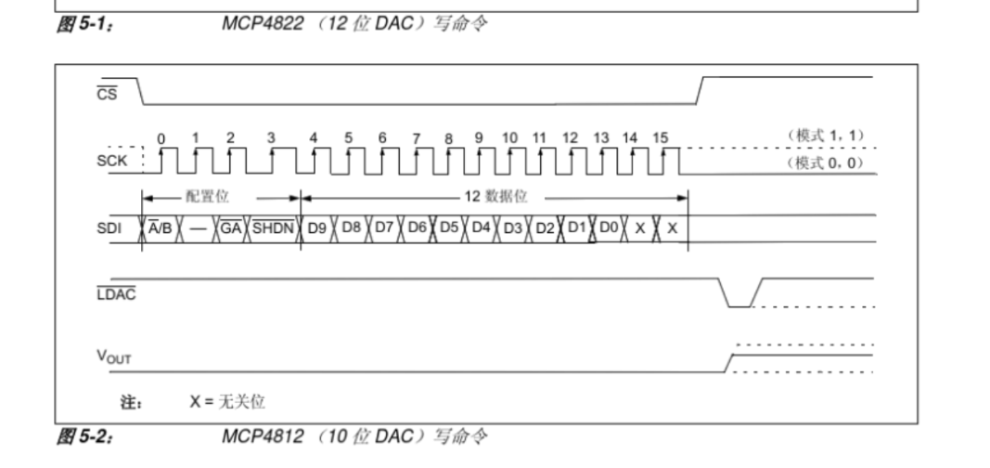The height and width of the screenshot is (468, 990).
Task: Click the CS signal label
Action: point(107,94)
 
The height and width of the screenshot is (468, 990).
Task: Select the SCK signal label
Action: point(111,161)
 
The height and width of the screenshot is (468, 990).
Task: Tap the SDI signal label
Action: point(109,228)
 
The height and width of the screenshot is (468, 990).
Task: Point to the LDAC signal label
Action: point(116,293)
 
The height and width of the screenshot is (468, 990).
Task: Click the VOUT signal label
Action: point(113,357)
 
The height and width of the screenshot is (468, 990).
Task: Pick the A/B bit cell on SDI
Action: point(161,228)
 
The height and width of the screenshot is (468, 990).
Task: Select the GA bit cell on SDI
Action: point(231,228)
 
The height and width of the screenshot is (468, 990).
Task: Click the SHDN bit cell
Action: point(274,228)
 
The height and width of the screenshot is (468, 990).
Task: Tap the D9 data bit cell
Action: point(317,228)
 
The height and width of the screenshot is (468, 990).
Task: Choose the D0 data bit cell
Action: point(609,227)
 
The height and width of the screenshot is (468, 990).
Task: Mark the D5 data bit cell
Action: point(449,227)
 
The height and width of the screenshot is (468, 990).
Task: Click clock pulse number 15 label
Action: point(661,137)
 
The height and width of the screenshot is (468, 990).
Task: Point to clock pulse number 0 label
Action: point(161,139)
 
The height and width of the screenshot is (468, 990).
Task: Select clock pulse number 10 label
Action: point(509,137)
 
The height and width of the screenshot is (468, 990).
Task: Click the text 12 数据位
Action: point(495,197)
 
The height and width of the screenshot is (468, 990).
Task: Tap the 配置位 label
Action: point(207,197)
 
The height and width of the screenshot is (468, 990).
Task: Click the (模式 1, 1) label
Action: point(826,136)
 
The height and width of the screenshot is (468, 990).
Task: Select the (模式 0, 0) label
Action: point(826,162)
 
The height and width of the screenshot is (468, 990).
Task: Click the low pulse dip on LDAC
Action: point(740,306)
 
